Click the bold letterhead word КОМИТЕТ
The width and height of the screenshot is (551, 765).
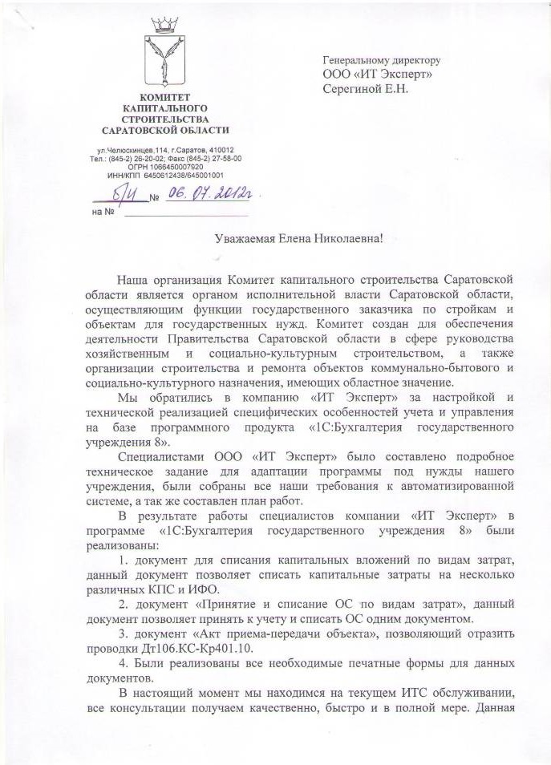pos(164,96)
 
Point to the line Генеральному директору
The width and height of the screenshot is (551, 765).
pos(381,60)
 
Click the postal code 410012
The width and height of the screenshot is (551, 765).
pos(221,150)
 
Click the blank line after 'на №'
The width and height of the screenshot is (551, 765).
pos(184,213)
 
